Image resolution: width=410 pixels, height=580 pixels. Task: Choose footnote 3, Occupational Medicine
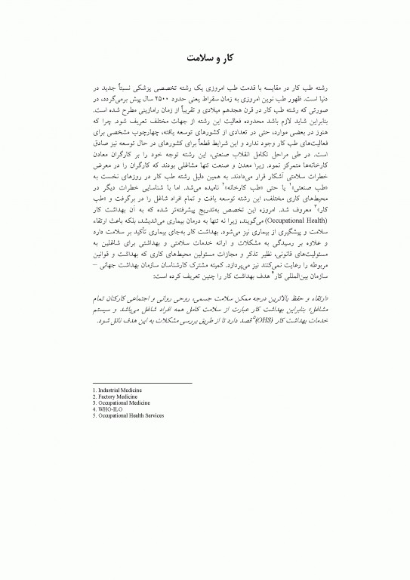point(118,400)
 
